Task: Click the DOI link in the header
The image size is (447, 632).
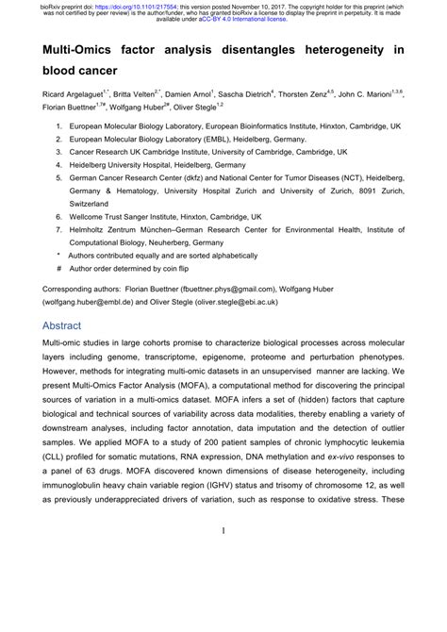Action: pyautogui.click(x=127, y=5)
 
